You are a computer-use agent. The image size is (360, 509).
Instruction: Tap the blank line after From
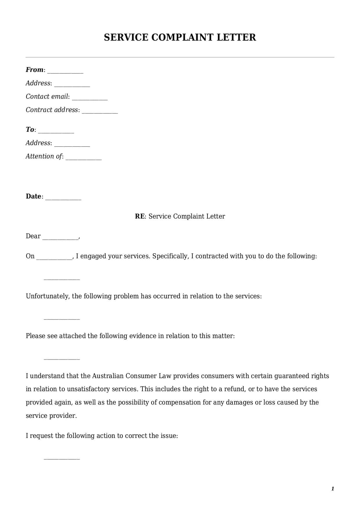[x=65, y=72]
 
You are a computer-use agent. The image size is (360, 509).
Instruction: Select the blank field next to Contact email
[x=90, y=98]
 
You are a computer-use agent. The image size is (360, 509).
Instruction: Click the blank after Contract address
[x=100, y=112]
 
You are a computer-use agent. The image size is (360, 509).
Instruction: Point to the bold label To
[x=30, y=129]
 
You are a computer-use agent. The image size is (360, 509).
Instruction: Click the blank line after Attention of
[x=84, y=158]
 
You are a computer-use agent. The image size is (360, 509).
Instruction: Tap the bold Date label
[x=33, y=196]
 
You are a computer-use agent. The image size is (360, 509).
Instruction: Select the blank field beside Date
[x=64, y=198]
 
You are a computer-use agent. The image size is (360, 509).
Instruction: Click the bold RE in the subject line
[x=140, y=216]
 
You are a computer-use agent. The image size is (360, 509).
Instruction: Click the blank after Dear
[x=60, y=238]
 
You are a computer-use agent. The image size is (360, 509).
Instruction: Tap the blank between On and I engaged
[x=54, y=258]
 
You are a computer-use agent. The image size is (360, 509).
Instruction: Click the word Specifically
[x=171, y=256]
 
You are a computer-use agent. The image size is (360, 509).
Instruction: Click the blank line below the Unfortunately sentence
[x=61, y=319]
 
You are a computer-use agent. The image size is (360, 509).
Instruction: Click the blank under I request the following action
[x=61, y=459]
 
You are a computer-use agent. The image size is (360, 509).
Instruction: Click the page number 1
[x=332, y=489]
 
